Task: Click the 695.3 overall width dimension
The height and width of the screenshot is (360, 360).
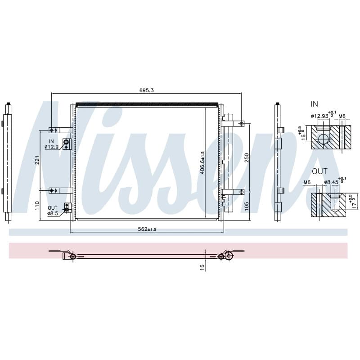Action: click(147, 90)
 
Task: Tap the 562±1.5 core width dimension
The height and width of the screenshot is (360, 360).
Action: click(147, 229)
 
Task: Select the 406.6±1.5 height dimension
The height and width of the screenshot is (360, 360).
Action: click(202, 162)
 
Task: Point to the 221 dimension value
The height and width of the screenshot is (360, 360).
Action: click(37, 160)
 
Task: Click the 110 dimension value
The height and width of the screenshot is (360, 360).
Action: click(37, 206)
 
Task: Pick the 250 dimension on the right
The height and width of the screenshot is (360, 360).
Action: click(247, 157)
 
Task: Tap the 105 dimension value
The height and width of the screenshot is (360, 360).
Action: click(247, 206)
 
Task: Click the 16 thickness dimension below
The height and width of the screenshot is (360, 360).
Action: click(202, 267)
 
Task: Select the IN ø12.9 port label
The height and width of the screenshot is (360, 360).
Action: click(51, 144)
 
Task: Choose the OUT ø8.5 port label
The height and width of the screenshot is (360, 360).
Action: click(53, 211)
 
